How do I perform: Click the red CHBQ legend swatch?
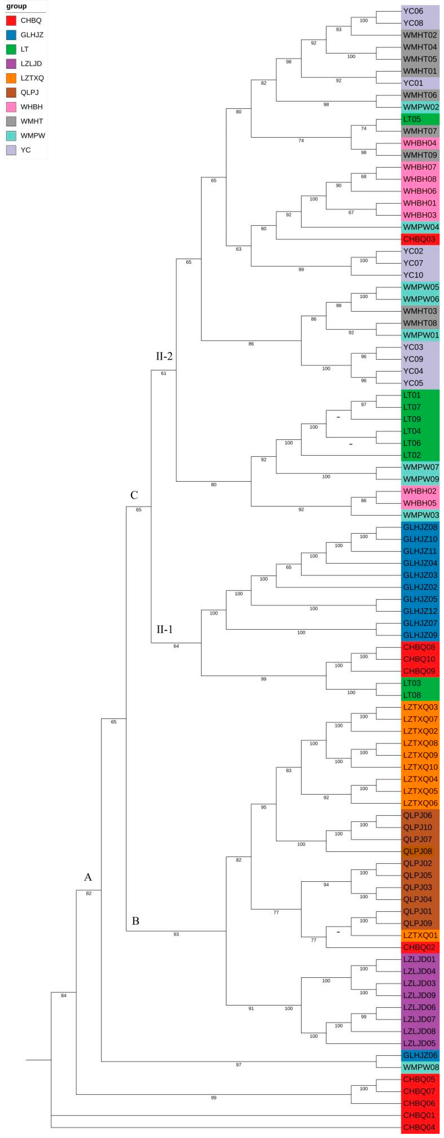point(11,20)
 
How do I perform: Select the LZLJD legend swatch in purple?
point(11,64)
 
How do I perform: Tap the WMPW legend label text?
point(33,136)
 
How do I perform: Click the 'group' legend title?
point(16,6)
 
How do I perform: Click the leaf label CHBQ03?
point(419,239)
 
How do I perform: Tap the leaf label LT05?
point(412,119)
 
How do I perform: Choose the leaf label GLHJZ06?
point(420,1055)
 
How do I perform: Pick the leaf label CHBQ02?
point(419,947)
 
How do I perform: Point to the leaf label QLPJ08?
point(417,851)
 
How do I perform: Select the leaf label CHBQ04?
point(419,1127)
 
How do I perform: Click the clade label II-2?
point(164,356)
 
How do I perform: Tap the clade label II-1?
point(164,629)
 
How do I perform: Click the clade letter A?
point(88,877)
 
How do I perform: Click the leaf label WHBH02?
point(419,491)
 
